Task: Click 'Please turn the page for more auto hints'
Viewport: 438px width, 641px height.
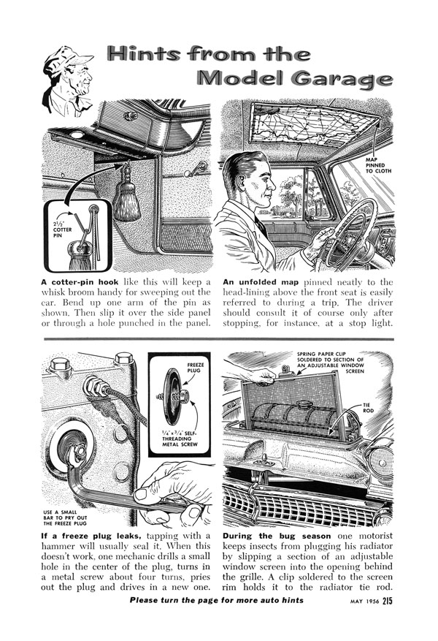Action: [x=216, y=601]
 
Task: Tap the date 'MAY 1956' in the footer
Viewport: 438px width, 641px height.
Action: [x=358, y=602]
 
